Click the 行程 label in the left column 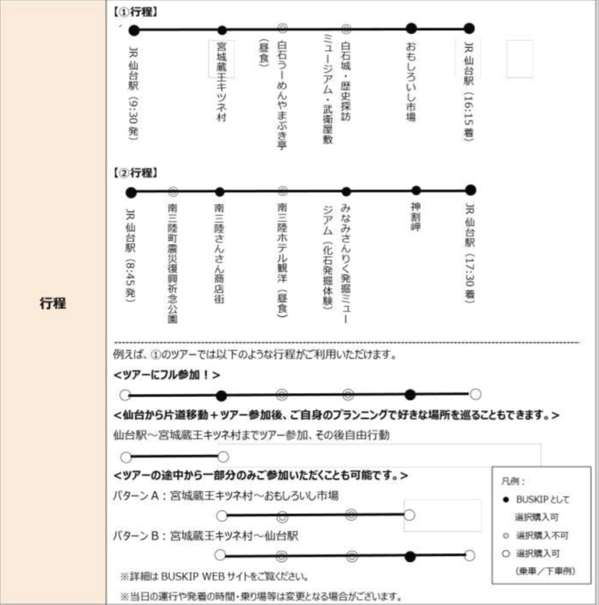[x=52, y=303]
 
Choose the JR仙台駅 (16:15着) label [x=469, y=92]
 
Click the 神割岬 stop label [x=415, y=218]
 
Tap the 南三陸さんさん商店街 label [x=219, y=253]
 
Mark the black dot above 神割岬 [x=416, y=191]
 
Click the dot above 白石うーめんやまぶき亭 [x=283, y=29]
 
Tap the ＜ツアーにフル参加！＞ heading [x=167, y=375]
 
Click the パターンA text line [x=225, y=496]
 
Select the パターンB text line [x=206, y=535]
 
